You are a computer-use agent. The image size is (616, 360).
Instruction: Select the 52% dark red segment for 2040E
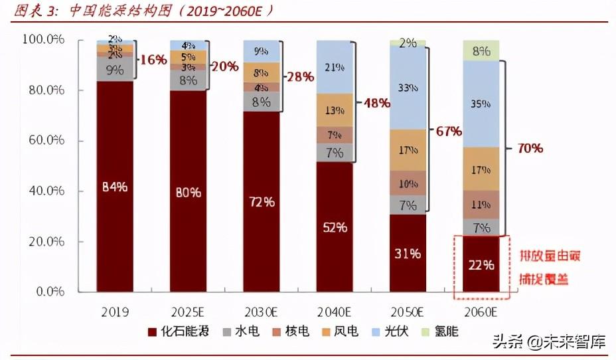pyautogui.click(x=335, y=227)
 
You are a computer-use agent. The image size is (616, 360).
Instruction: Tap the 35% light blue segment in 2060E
pyautogui.click(x=481, y=104)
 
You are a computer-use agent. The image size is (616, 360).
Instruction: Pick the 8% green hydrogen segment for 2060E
pyautogui.click(x=481, y=50)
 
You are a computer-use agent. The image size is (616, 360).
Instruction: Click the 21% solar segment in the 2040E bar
pyautogui.click(x=335, y=66)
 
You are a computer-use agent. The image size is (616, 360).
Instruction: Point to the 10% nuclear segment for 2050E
pyautogui.click(x=408, y=183)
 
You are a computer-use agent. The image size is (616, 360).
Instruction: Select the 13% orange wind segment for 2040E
pyautogui.click(x=335, y=110)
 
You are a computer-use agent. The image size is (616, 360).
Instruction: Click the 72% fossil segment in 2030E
pyautogui.click(x=261, y=201)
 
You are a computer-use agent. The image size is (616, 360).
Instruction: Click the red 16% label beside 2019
pyautogui.click(x=153, y=60)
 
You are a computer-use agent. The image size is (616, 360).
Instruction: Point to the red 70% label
pyautogui.click(x=528, y=147)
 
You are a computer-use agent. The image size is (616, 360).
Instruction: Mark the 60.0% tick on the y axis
pyautogui.click(x=44, y=141)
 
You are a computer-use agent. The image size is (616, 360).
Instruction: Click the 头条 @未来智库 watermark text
pyautogui.click(x=548, y=342)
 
